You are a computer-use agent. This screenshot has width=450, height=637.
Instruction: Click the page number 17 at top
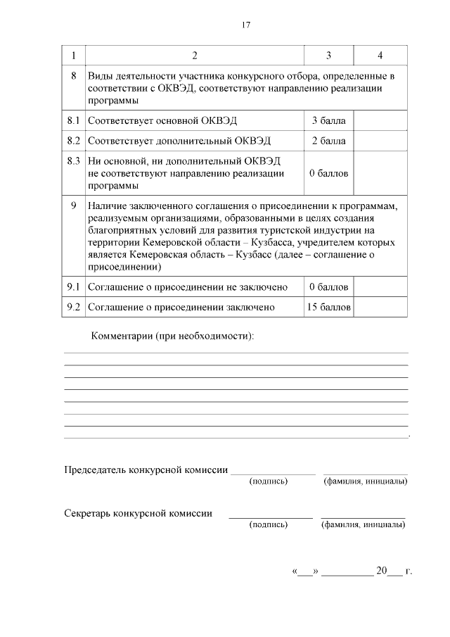[x=246, y=25]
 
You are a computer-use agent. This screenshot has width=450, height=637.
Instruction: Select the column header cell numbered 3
[x=328, y=55]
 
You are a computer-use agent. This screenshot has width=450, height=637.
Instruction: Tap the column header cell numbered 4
[x=380, y=55]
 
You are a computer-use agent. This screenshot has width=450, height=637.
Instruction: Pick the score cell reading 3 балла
[x=328, y=120]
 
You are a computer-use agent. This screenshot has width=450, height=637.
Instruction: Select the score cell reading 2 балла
[x=328, y=141]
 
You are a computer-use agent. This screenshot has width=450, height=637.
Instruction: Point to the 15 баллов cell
[x=328, y=308]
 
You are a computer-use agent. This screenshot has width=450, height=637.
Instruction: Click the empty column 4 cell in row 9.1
[x=380, y=287]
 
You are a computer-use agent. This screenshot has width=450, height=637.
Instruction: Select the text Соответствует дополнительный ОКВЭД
[x=179, y=141]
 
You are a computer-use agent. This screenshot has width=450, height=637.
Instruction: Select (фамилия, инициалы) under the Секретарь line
[x=363, y=524]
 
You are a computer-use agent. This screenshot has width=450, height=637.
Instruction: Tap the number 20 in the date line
[x=382, y=571]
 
